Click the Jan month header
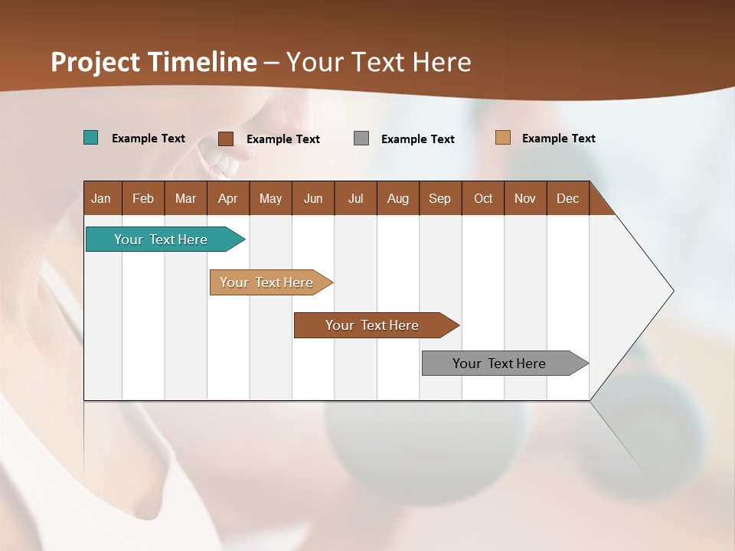point(102,198)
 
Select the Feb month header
point(143,198)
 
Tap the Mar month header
point(185,198)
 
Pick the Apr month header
point(228,198)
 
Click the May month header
point(270,198)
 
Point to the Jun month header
point(313,198)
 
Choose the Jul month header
point(355,198)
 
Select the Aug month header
point(398,198)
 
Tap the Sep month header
point(440,198)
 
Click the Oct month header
point(483,198)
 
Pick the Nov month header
point(525,198)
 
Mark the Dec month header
point(568,198)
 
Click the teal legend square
point(90,138)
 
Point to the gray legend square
point(361,139)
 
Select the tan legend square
point(502,138)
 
